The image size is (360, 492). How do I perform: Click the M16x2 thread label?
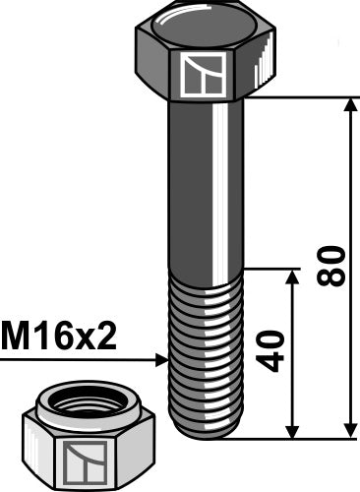[59, 338]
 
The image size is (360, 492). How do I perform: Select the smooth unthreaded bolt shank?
[206, 187]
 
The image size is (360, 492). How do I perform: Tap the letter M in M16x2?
[17, 338]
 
